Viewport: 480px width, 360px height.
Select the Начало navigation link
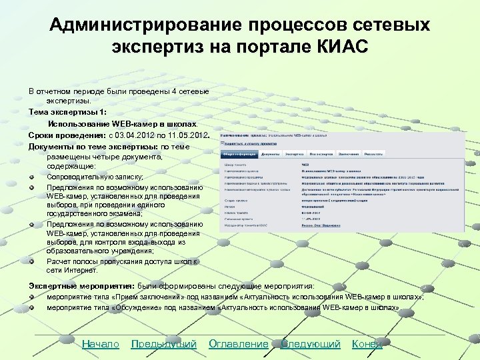pos(100,344)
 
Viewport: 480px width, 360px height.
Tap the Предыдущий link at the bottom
pos(163,344)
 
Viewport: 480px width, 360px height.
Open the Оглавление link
pos(238,344)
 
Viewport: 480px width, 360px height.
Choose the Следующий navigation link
pos(310,344)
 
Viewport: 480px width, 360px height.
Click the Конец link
pos(367,344)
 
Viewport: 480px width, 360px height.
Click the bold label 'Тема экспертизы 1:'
pos(67,112)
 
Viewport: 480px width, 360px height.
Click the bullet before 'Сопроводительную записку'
pos(32,177)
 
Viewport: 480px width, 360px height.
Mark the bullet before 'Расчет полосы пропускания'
pos(32,261)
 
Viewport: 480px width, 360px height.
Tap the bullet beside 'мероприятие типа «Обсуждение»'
pos(32,308)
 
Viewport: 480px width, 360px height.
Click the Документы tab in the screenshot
pos(271,153)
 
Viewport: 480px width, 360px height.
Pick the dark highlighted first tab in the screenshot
pos(239,153)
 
